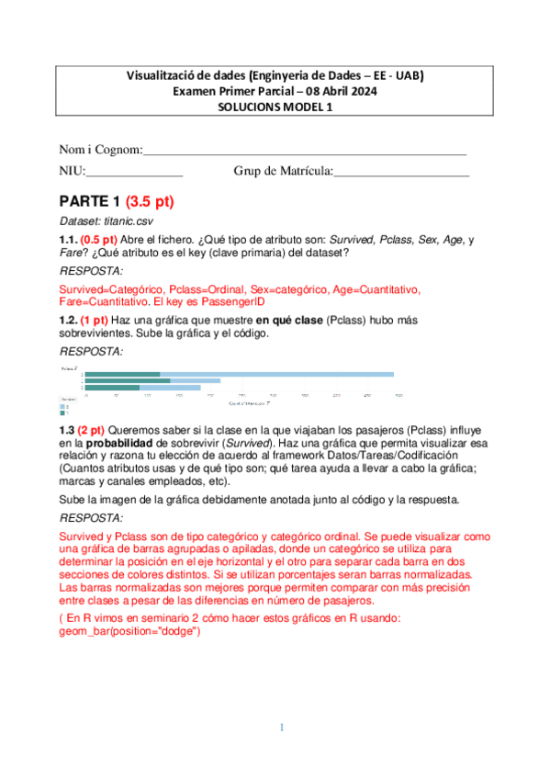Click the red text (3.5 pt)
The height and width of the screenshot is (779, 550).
[x=150, y=201]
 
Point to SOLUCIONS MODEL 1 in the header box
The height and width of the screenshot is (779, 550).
[x=275, y=107]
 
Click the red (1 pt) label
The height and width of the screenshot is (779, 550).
[x=95, y=320]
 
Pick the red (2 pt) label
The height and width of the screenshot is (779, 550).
[x=92, y=430]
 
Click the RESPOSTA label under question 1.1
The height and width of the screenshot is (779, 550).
[x=90, y=271]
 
